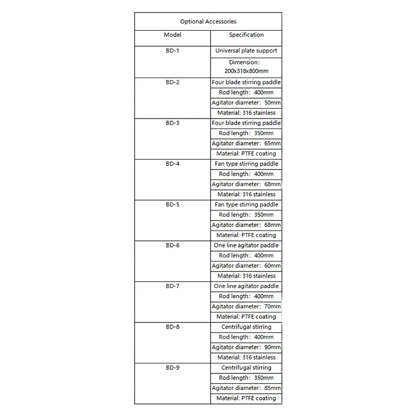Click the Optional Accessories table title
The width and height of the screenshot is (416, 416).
pyautogui.click(x=208, y=21)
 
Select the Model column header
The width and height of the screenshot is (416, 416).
pyautogui.click(x=172, y=35)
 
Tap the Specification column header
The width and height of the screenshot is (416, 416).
pyautogui.click(x=246, y=35)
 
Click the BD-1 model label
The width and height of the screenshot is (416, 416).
pyautogui.click(x=172, y=51)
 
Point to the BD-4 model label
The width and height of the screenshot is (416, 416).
pyautogui.click(x=172, y=164)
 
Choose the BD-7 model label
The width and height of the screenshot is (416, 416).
pyautogui.click(x=172, y=286)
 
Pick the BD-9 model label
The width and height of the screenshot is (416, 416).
pyautogui.click(x=172, y=368)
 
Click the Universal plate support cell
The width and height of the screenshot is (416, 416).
pyautogui.click(x=246, y=51)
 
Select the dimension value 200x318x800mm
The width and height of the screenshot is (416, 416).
pyautogui.click(x=246, y=70)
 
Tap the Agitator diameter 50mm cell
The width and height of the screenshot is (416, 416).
pyautogui.click(x=246, y=102)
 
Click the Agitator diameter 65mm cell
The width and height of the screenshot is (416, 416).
pyautogui.click(x=246, y=143)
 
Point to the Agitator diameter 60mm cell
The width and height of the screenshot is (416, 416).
pyautogui.click(x=246, y=266)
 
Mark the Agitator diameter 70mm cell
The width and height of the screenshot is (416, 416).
pyautogui.click(x=246, y=306)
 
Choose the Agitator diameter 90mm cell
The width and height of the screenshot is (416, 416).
pyautogui.click(x=246, y=347)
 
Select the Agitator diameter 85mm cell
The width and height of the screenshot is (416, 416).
pyautogui.click(x=246, y=388)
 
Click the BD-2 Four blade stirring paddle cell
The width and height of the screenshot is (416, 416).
pyautogui.click(x=246, y=82)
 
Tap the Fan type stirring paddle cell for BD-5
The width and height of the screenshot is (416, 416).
pyautogui.click(x=246, y=204)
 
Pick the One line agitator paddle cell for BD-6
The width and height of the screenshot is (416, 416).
pyautogui.click(x=246, y=245)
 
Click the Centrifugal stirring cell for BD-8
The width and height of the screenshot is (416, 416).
pyautogui.click(x=246, y=327)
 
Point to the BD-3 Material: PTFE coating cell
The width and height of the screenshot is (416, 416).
pyautogui.click(x=246, y=153)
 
